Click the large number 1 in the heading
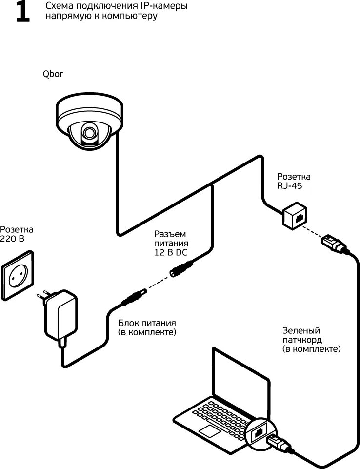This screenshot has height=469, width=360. point(22,13)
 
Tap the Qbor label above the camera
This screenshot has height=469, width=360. point(53,74)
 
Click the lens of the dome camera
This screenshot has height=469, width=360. point(89,132)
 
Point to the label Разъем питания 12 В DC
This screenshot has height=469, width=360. point(170,243)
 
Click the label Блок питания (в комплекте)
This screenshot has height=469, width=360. point(147,327)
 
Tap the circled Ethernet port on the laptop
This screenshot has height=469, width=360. point(259,431)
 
